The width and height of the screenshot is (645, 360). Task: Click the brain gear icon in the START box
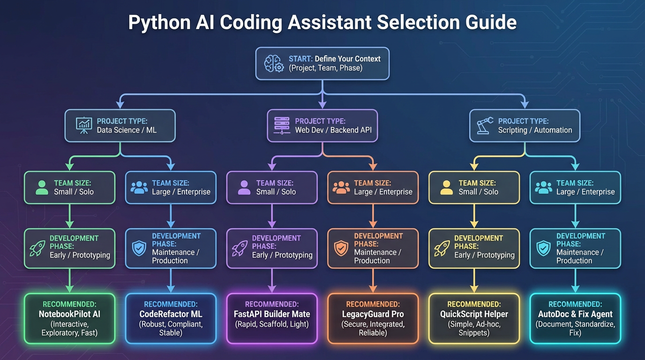coord(274,63)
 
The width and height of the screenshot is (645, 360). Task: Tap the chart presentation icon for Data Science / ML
coord(84,126)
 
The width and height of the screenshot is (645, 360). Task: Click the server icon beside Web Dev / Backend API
coord(282,126)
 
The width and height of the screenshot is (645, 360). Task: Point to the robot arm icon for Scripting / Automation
coord(485,126)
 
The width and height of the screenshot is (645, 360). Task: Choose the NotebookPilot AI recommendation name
coord(69,314)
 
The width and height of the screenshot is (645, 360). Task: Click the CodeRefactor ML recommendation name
coord(171,314)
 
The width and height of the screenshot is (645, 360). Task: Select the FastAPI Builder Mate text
coord(272,314)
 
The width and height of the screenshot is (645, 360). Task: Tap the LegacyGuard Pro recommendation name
coord(373,314)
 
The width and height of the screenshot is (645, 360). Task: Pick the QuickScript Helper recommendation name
coord(474,314)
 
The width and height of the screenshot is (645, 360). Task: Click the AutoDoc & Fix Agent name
coord(575,314)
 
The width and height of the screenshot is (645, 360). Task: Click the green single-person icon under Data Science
coord(42,187)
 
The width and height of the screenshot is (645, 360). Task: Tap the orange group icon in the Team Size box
coord(341,187)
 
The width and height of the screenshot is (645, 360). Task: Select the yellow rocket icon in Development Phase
coord(442,248)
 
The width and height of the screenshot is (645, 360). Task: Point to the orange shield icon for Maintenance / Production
coord(341,248)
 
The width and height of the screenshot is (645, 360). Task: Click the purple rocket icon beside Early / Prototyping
coord(240,248)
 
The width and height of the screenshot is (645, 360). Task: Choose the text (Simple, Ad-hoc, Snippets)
coord(474,329)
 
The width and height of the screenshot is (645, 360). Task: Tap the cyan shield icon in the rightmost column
coord(543,248)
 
